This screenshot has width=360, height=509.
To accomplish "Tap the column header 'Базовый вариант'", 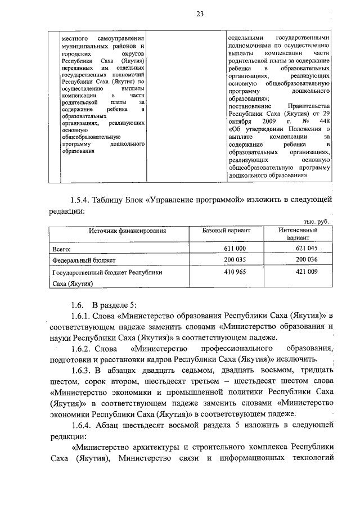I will [x=227, y=231].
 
